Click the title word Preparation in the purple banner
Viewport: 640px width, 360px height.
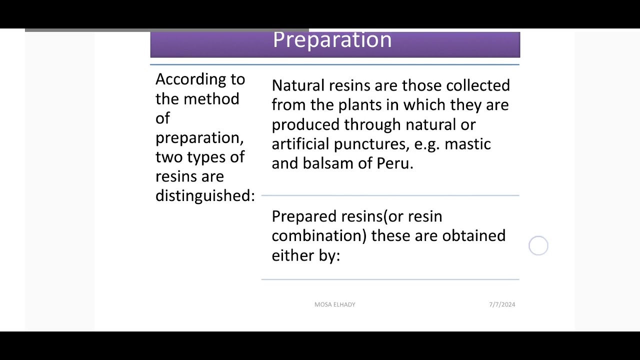332,40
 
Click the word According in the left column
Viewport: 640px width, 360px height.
186,79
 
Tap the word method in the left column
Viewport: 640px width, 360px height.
211,99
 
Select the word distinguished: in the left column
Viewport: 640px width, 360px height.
205,196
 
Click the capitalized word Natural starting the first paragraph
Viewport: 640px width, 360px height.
298,85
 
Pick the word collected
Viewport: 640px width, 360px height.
477,85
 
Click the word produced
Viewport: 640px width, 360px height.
305,125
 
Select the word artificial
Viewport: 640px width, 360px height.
300,144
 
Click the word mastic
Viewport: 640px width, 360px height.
467,144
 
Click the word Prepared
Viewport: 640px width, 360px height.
304,216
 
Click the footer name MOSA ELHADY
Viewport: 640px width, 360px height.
334,304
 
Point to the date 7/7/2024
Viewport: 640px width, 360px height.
501,304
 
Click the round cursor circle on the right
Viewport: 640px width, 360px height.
538,246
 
